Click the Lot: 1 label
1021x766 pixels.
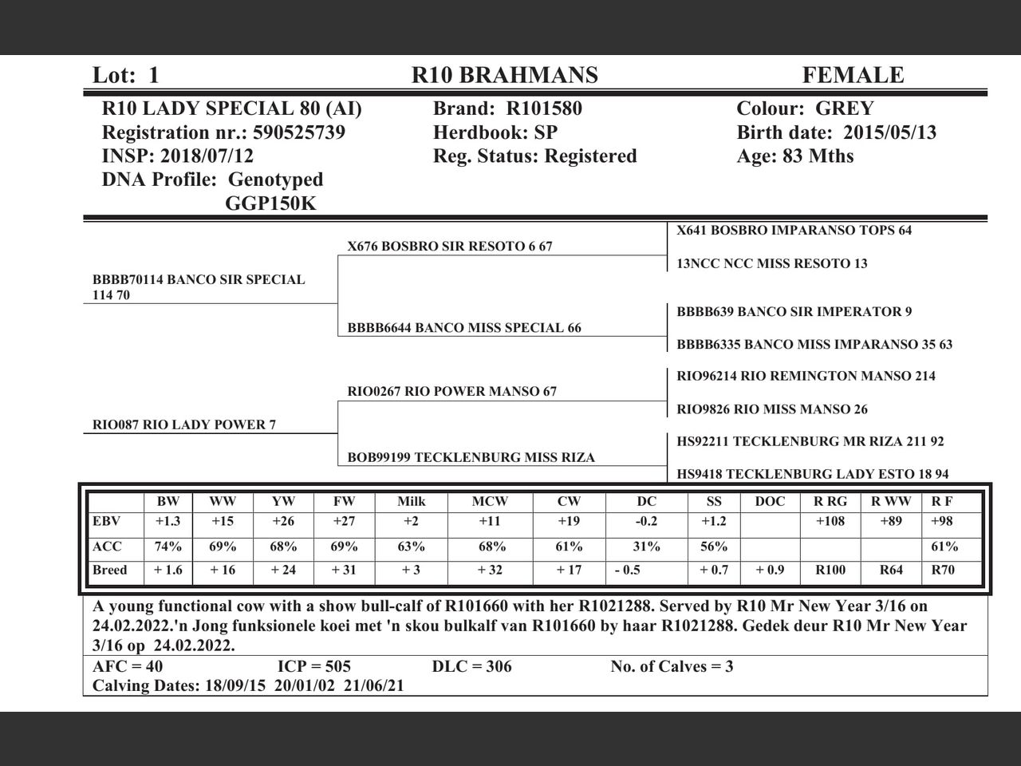pos(126,75)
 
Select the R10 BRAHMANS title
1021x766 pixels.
pos(504,75)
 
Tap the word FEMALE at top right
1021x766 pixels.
pos(853,75)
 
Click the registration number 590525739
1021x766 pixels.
pos(299,132)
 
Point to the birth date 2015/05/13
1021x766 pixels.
pos(889,132)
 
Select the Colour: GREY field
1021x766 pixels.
pos(805,109)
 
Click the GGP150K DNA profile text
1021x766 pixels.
pos(270,203)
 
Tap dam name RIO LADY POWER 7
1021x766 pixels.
pos(184,424)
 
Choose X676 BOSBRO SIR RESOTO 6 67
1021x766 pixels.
pos(450,247)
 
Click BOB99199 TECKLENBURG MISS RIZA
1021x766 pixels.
pos(471,457)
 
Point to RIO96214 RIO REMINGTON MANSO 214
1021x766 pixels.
pos(806,376)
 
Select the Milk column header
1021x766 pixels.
pos(411,502)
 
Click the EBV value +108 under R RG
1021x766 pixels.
pos(830,522)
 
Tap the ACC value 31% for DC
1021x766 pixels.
pos(646,547)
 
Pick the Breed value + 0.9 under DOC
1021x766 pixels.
pos(769,570)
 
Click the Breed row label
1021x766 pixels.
pos(110,570)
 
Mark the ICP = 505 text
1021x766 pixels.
pos(314,666)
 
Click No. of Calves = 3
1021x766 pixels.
pos(672,666)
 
